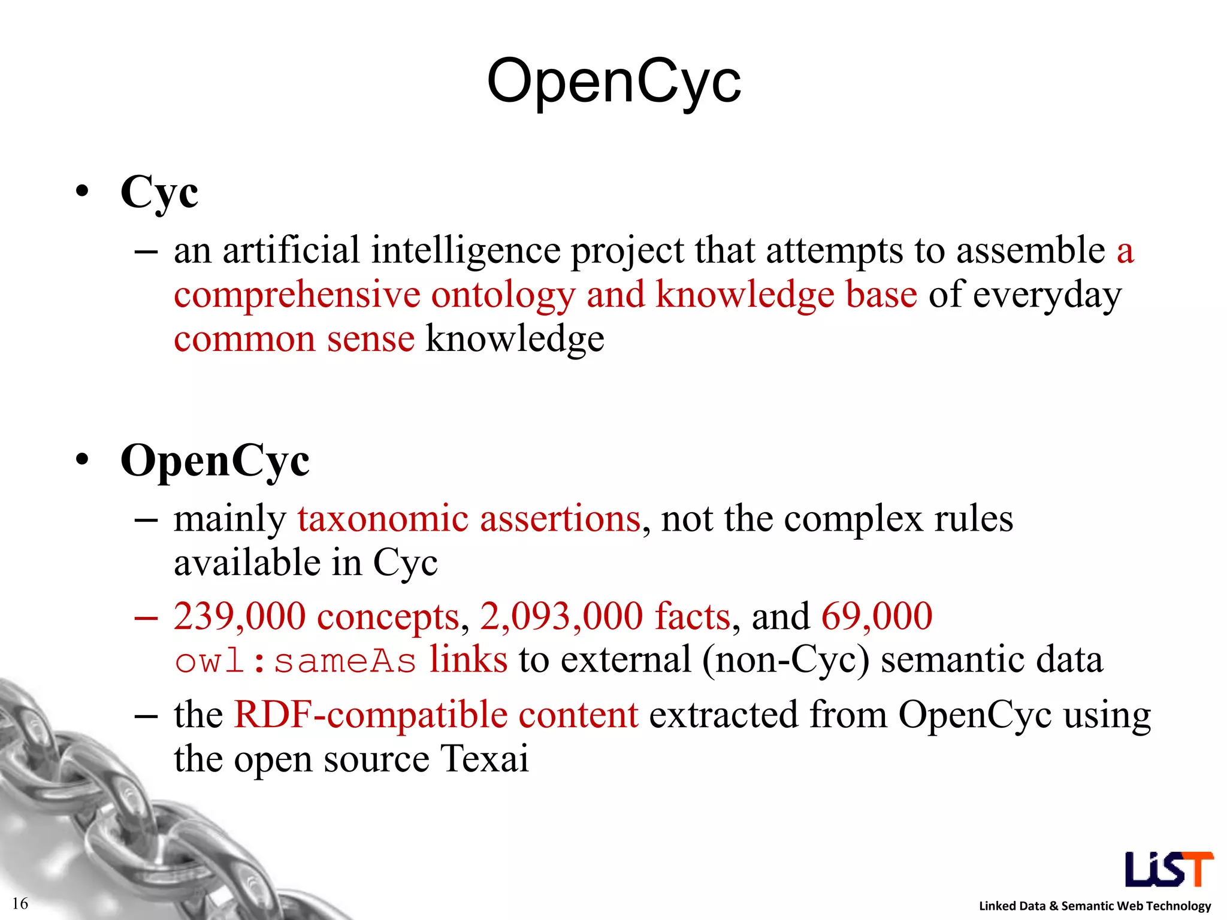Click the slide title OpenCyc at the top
(613, 81)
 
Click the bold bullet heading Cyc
(159, 192)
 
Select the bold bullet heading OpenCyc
(214, 461)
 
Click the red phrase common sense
(294, 339)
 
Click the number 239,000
(240, 616)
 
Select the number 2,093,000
(561, 616)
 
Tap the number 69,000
(877, 616)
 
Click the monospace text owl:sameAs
(295, 661)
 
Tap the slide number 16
(20, 903)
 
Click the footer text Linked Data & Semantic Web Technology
(1095, 906)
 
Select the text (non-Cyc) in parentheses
(785, 661)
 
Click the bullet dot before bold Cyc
(82, 192)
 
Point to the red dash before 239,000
(146, 617)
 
